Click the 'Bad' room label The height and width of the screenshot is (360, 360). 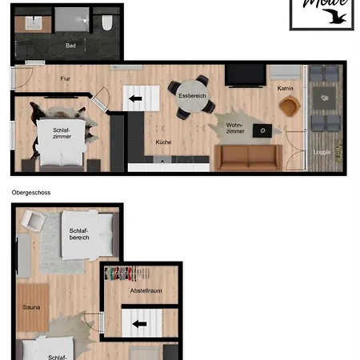70,46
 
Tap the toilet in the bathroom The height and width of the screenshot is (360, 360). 106,23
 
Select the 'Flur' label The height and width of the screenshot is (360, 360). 66,78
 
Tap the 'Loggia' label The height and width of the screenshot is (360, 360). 322,151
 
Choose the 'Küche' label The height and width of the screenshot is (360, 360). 163,142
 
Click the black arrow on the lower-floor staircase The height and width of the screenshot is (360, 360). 137,98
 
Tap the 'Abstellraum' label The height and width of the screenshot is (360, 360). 146,290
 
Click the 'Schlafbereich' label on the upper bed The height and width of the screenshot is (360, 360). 79,233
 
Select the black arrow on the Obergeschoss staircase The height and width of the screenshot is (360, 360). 140,324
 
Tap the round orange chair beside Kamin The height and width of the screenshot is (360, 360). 289,105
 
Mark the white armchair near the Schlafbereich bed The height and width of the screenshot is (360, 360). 34,221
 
